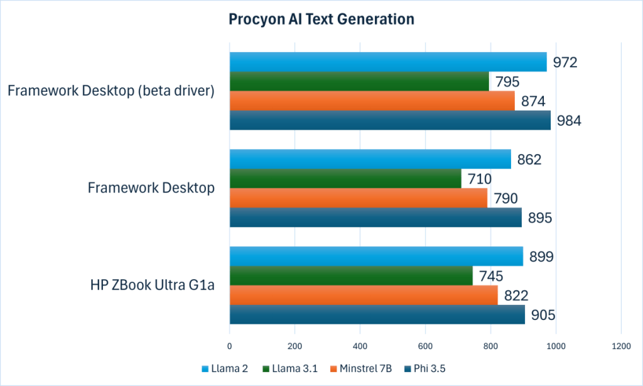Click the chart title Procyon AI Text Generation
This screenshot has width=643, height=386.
click(x=321, y=19)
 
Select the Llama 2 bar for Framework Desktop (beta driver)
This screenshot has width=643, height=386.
click(x=387, y=62)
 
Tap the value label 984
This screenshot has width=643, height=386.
click(x=568, y=121)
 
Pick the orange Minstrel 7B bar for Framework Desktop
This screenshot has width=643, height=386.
click(x=358, y=199)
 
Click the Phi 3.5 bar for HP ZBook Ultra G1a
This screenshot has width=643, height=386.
click(x=377, y=314)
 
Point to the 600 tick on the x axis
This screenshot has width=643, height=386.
click(x=425, y=346)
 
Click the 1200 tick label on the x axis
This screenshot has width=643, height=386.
click(x=621, y=346)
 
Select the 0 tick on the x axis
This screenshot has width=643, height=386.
click(x=230, y=346)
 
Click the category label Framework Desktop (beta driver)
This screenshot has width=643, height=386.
click(x=111, y=91)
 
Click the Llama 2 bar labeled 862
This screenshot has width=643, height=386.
click(x=370, y=160)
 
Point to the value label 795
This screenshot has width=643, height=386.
click(x=507, y=82)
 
